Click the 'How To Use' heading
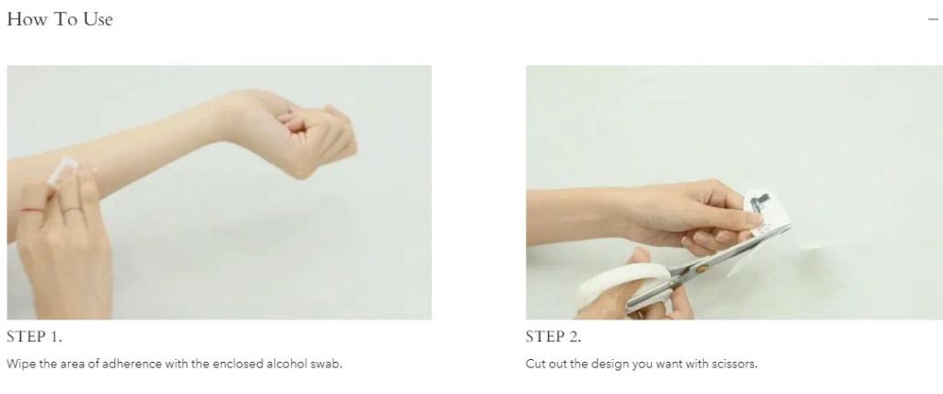point(60,19)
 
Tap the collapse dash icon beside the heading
point(933,19)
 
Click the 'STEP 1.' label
point(34,337)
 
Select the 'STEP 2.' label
point(553,337)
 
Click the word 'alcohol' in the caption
point(285,364)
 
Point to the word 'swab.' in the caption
point(325,364)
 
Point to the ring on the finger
point(72,211)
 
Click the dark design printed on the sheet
point(760,204)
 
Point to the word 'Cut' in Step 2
point(535,364)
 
